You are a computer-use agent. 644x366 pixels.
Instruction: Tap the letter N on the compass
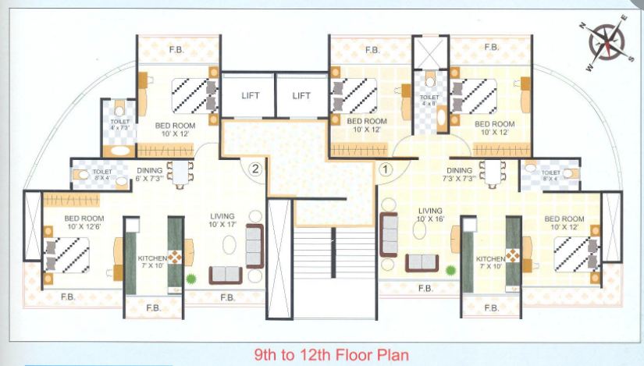point(582,25)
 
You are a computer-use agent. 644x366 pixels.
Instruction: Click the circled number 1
point(384,167)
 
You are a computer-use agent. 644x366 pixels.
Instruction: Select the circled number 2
point(254,167)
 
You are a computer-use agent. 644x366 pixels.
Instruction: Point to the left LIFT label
point(250,96)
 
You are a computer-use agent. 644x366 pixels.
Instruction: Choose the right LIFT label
point(301,96)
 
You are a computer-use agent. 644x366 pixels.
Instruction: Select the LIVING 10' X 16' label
point(430,215)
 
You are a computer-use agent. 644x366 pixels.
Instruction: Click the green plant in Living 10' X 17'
point(190,279)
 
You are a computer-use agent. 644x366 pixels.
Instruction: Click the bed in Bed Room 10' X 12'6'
point(67,255)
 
